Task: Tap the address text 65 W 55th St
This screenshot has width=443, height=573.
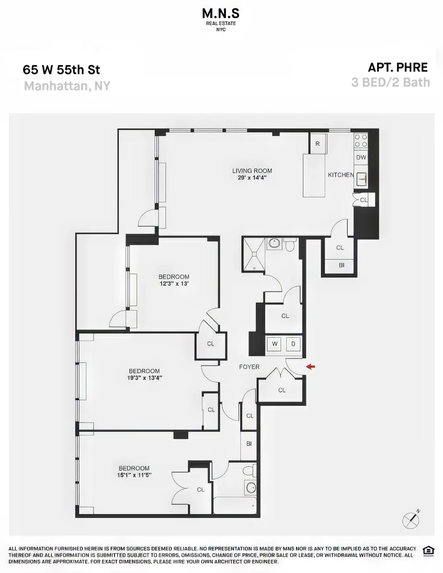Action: (61, 70)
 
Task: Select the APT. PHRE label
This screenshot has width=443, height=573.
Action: (397, 67)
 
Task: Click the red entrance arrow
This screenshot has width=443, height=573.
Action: (310, 367)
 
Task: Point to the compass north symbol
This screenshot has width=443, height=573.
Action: (411, 520)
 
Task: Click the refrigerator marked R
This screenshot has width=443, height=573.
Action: (318, 144)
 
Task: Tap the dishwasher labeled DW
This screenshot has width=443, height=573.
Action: (361, 158)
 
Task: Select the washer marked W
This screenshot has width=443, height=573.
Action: (275, 344)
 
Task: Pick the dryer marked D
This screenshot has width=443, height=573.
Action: (293, 344)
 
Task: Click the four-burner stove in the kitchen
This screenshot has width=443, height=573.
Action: (360, 141)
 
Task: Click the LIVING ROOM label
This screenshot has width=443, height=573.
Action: (252, 171)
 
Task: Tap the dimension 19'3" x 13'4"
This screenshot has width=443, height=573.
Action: (145, 378)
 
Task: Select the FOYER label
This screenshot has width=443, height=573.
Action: (249, 367)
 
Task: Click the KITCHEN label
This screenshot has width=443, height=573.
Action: (341, 175)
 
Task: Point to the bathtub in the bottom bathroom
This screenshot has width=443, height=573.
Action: (235, 506)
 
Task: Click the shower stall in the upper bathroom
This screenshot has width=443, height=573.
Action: (254, 253)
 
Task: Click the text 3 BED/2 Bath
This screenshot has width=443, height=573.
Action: (390, 82)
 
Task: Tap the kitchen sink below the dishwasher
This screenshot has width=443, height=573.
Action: (361, 179)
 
